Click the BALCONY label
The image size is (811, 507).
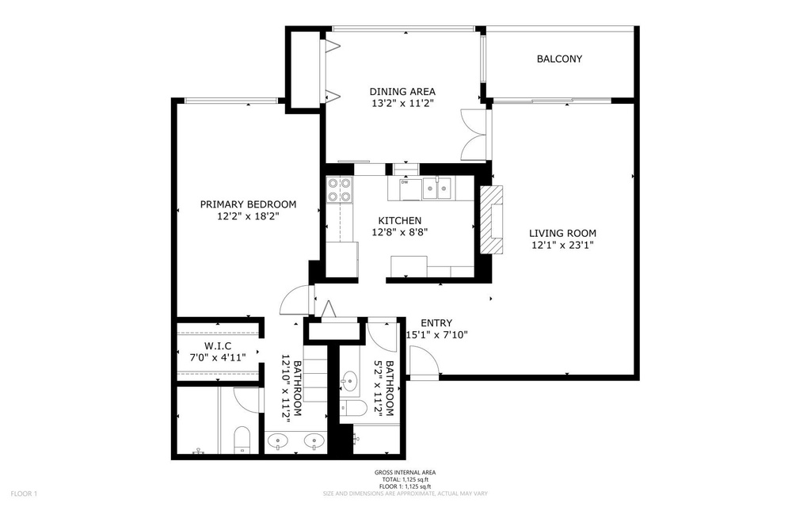559,59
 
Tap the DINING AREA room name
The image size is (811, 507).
402,91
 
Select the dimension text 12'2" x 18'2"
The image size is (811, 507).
248,215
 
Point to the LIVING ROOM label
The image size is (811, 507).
562,233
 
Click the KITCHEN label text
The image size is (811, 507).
399,220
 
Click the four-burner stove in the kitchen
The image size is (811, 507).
339,189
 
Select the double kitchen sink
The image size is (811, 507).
436,188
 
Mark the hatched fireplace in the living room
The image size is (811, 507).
491,220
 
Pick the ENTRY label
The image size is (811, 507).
436,322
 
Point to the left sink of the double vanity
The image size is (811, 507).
278,440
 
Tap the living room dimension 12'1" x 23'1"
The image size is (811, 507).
562,246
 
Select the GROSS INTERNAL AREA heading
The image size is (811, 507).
405,472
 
